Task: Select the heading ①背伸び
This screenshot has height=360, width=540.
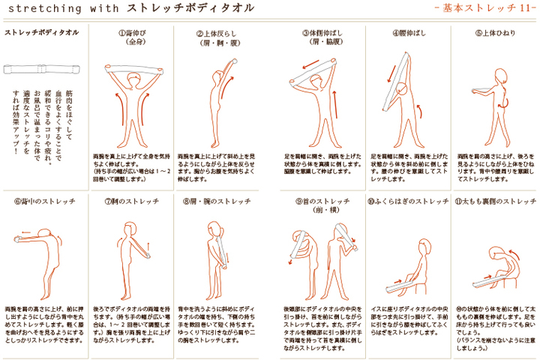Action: point(133,34)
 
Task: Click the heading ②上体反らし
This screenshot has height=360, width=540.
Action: point(218,34)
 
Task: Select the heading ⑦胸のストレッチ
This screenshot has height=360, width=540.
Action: point(133,202)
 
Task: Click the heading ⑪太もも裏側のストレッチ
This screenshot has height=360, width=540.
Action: point(494,202)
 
